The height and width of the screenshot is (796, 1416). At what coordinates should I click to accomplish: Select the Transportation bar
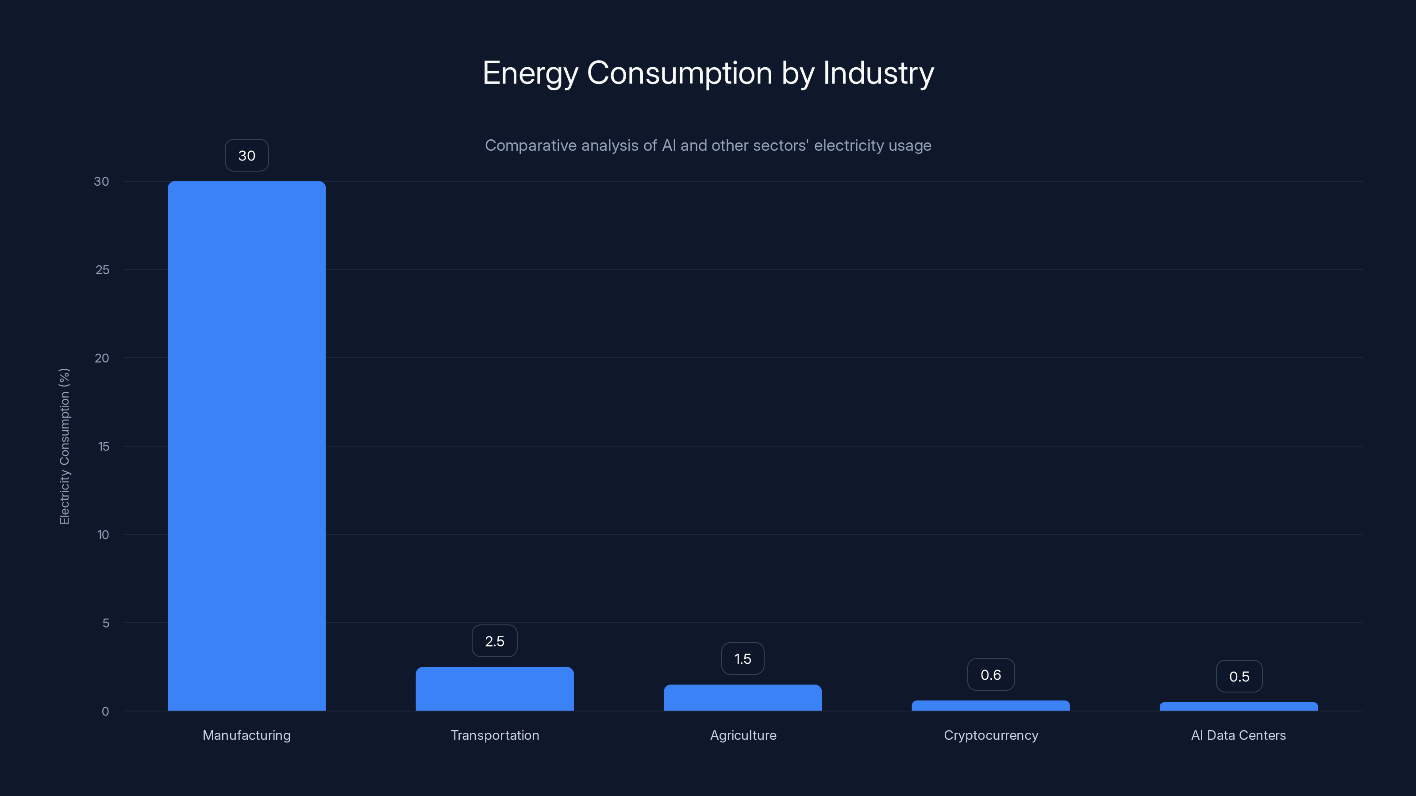pos(494,689)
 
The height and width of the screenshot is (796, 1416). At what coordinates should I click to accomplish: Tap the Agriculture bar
pos(742,698)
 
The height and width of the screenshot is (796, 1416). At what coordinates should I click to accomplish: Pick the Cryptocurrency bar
pos(991,706)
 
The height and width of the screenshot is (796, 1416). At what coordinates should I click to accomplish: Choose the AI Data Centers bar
pos(1239,707)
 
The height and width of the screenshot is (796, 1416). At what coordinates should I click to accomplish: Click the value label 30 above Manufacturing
pos(246,156)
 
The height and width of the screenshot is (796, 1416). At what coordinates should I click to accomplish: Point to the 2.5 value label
pos(494,641)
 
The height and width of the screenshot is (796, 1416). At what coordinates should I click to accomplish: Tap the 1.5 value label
pos(742,658)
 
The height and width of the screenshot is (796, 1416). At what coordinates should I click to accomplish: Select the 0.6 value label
pos(991,674)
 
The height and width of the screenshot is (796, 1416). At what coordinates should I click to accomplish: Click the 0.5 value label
pos(1239,676)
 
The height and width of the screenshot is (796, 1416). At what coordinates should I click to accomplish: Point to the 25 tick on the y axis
pos(102,270)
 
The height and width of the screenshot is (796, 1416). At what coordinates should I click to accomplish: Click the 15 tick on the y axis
pos(104,447)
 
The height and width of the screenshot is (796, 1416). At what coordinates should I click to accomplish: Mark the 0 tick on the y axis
pos(105,712)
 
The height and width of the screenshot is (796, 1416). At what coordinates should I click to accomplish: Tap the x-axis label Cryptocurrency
pos(991,735)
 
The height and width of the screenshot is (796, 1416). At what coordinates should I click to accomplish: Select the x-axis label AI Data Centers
pos(1238,735)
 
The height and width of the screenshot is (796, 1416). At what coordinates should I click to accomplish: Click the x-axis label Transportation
pos(495,735)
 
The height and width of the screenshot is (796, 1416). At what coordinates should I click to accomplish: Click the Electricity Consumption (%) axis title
pos(64,446)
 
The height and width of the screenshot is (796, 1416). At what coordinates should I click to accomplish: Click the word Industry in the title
pos(878,73)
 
